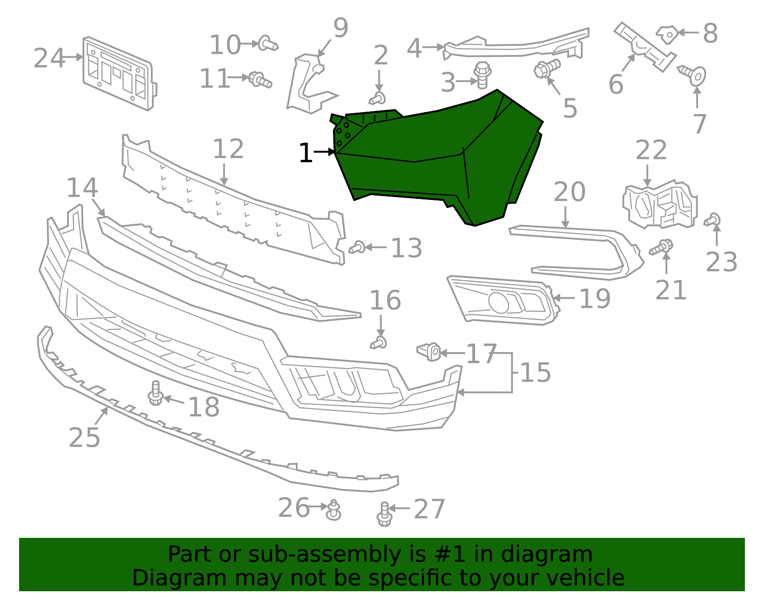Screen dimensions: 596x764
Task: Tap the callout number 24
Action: (49, 59)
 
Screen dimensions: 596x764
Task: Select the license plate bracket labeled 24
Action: (119, 74)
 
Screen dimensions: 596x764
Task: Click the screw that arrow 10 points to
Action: (267, 44)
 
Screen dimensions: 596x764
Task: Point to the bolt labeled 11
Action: (260, 80)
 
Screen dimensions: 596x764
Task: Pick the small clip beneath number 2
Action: (378, 99)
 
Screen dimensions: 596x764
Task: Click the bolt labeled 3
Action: (483, 75)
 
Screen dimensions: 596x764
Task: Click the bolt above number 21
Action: (661, 248)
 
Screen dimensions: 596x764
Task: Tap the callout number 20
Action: (569, 192)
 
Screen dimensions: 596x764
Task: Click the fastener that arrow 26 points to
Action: (333, 510)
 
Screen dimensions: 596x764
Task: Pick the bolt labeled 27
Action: (384, 514)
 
